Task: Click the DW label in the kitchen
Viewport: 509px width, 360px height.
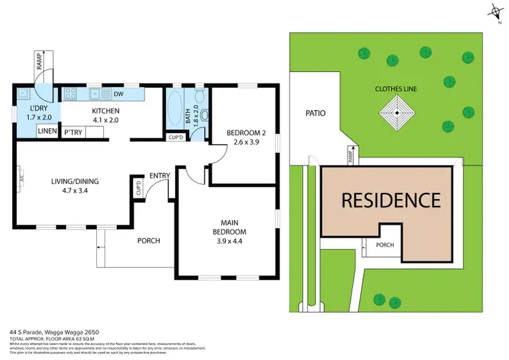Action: point(118,94)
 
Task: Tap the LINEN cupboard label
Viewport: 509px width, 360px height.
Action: point(47,132)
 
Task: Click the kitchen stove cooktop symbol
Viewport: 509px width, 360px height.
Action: point(71,94)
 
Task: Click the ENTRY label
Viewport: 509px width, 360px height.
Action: point(159,176)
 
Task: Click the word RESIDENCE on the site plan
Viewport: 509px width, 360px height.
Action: point(390,200)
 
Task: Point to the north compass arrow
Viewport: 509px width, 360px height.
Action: point(493,10)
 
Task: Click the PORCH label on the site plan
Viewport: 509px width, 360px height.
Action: point(385,245)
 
